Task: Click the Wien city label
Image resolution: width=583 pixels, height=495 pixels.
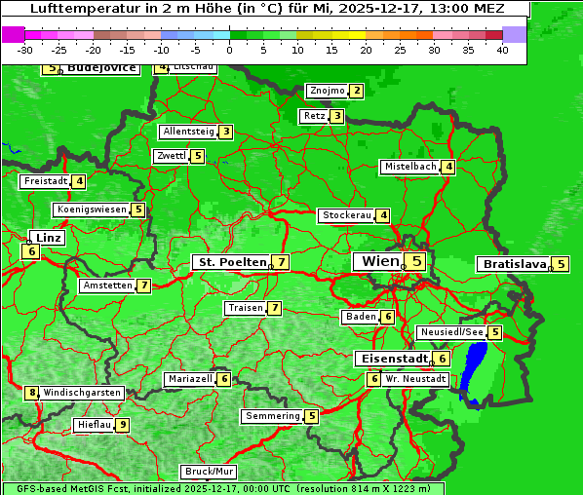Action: coord(380,261)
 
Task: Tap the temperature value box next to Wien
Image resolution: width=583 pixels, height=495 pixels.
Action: coord(417,261)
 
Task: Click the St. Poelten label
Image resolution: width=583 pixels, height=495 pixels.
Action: coord(231,262)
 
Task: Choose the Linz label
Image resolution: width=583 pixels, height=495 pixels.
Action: coord(47,238)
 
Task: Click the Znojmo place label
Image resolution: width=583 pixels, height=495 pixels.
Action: coord(327,91)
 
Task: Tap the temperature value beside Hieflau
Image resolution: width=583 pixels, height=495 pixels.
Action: coord(123,425)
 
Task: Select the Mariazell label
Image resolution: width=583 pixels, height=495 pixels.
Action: coord(189,379)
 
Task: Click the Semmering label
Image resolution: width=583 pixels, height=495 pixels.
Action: coord(272,416)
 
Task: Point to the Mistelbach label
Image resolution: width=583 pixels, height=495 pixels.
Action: coord(409,167)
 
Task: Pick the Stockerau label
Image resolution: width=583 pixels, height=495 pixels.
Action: coord(346,215)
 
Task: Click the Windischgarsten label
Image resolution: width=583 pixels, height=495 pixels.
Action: coord(82,393)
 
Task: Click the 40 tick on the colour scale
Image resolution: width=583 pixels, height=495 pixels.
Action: coord(503,49)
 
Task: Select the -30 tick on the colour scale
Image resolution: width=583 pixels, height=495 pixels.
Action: coord(25,49)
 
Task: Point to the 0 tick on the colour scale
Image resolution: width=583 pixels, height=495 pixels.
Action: coord(230,49)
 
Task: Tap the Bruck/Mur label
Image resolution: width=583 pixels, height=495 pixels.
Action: coord(209,472)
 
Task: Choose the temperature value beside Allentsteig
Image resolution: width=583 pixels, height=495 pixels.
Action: coord(225,132)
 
